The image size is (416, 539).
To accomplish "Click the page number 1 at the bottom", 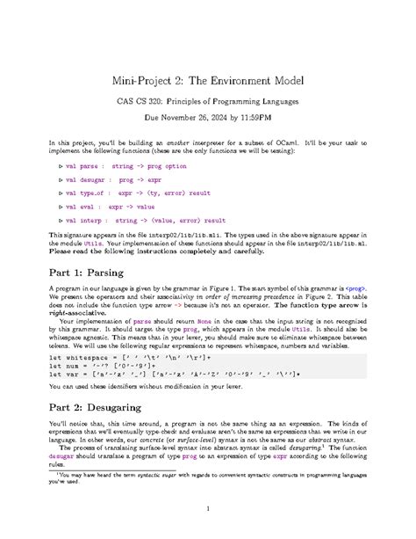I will coord(208,507).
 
